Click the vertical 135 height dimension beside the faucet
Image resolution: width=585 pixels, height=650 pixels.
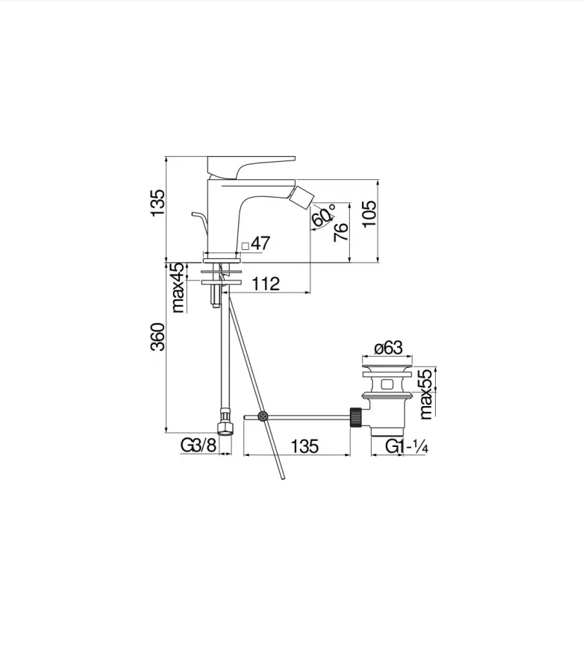[157, 203]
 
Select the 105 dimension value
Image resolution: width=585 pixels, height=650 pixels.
[369, 213]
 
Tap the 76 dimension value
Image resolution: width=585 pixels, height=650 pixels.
[341, 232]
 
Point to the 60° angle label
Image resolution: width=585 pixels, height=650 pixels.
[323, 215]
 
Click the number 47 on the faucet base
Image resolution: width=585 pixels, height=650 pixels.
[260, 243]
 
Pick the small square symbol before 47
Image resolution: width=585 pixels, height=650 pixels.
[245, 246]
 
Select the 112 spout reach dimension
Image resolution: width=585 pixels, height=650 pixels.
[266, 284]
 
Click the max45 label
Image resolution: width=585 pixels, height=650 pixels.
[178, 287]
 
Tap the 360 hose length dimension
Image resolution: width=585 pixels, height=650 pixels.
[157, 337]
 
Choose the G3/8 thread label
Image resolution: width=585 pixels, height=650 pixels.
[198, 446]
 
